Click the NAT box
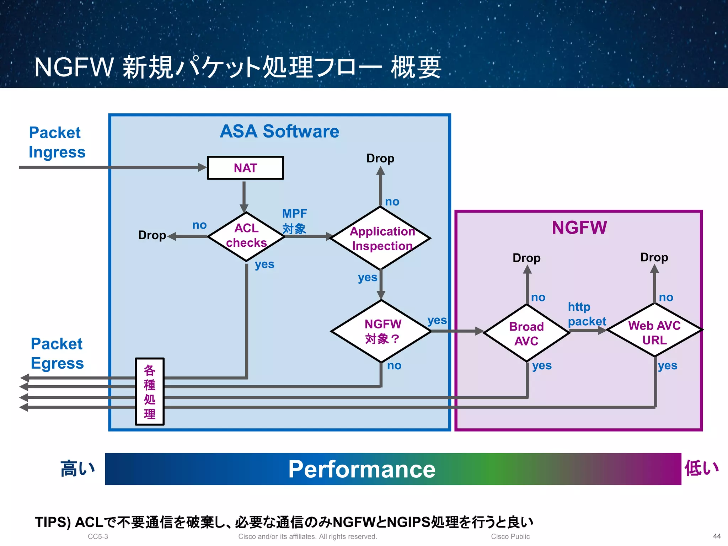[245, 168]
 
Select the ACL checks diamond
[246, 236]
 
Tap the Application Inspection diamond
[381, 238]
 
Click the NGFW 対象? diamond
[381, 331]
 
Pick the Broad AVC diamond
[526, 333]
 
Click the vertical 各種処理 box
[150, 391]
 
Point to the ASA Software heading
[279, 131]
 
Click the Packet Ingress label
[57, 142]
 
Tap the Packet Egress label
[57, 353]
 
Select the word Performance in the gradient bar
[362, 469]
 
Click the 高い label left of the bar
[77, 469]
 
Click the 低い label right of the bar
[701, 468]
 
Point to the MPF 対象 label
[294, 221]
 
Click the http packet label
[586, 314]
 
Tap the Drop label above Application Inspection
[380, 158]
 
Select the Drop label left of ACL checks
[152, 235]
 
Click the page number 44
[717, 536]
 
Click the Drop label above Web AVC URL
[654, 257]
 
